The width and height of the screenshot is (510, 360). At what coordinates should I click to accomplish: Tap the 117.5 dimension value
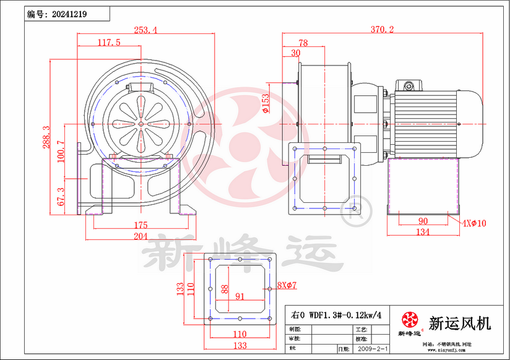point(109,42)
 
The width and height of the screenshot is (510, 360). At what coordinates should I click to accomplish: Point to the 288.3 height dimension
point(45,137)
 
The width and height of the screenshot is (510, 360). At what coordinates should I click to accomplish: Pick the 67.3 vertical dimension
point(61,196)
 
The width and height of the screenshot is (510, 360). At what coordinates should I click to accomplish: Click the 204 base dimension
point(140,236)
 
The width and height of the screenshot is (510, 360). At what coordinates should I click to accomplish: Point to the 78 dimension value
point(303,43)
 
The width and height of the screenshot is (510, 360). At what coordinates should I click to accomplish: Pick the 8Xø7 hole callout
point(287,285)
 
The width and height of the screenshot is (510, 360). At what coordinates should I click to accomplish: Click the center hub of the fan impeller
point(141,123)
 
